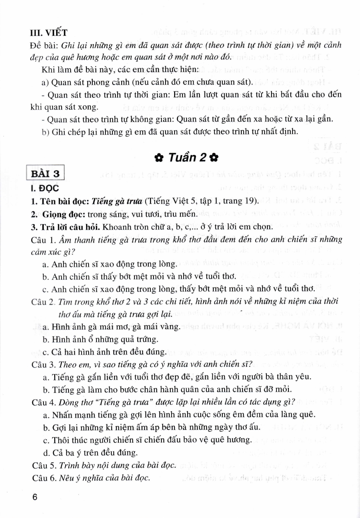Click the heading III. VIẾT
pos(49,33)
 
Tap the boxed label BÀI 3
pos(45,173)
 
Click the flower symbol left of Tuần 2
pos(159,158)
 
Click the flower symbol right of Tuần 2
pos(214,158)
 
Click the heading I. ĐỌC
pos(45,188)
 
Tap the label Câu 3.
pos(44,365)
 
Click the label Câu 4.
pos(44,402)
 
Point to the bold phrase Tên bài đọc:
pos(64,201)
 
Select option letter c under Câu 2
pos(45,352)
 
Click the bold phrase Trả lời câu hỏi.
pos(70,227)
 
